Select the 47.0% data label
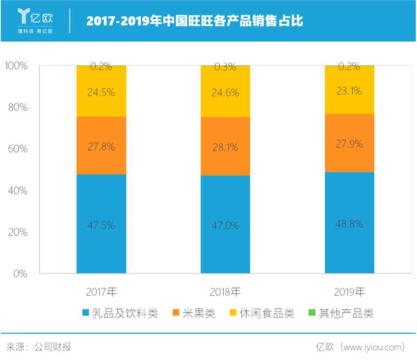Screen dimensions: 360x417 [225, 226]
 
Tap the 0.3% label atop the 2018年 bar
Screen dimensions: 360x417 [225, 67]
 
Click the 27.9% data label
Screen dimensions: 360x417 [349, 144]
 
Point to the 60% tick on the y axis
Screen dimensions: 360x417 [18, 149]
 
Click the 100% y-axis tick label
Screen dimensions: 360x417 [16, 65]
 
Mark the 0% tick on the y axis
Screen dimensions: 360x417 [20, 274]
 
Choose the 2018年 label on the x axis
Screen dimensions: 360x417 [225, 292]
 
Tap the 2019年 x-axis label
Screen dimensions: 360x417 [349, 292]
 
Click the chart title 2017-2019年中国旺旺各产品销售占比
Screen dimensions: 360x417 [195, 22]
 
